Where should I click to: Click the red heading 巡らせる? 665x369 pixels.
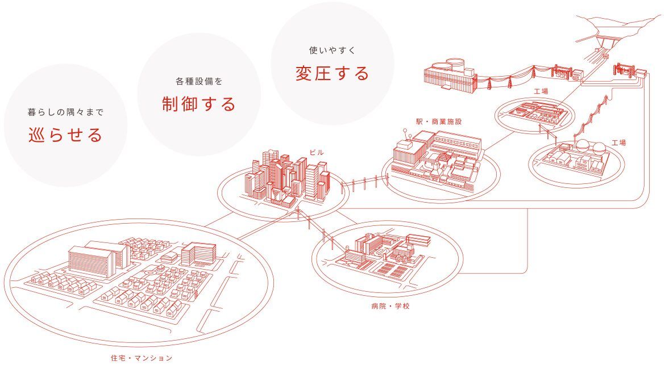(x=66, y=135)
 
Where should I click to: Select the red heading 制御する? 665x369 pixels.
(x=198, y=104)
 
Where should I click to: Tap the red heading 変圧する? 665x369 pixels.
(x=332, y=73)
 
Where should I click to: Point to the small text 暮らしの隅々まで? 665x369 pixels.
(x=66, y=112)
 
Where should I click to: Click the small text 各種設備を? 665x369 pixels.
(x=198, y=81)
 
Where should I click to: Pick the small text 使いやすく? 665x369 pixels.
(x=332, y=51)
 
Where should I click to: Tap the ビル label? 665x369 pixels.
(x=315, y=152)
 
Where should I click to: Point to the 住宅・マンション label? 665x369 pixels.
(x=142, y=358)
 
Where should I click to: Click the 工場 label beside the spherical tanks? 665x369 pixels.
(x=618, y=142)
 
